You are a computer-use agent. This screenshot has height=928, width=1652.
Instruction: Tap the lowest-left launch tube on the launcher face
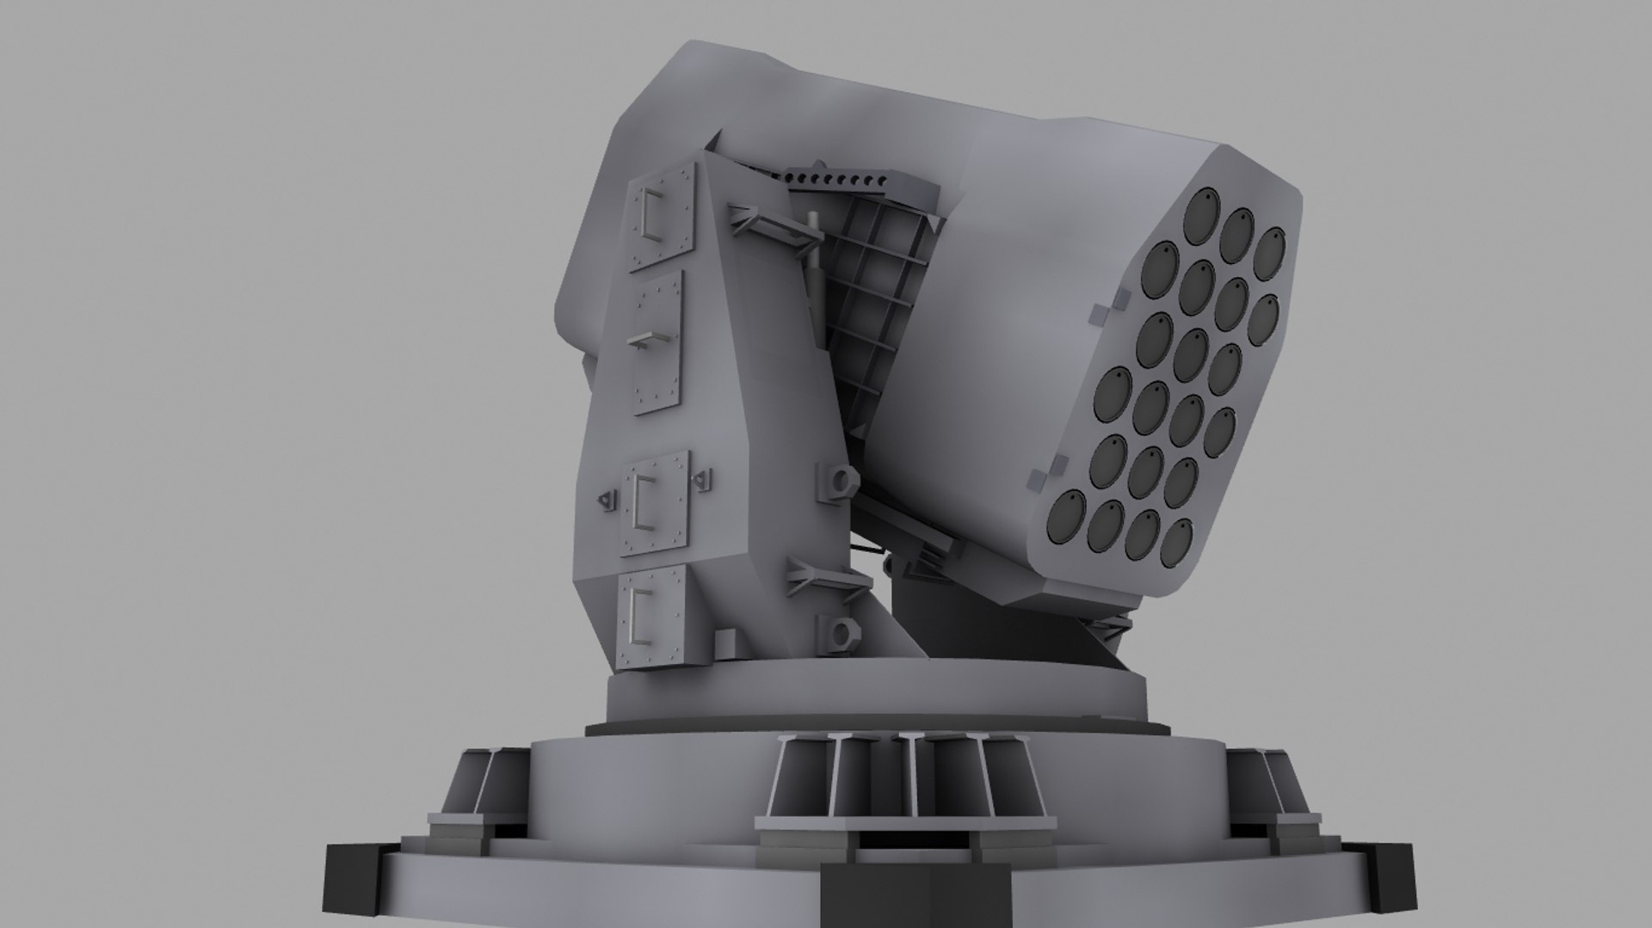pos(1068,517)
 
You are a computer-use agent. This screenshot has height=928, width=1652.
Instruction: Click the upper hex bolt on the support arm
pos(840,478)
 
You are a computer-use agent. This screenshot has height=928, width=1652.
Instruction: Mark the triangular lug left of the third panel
pos(607,499)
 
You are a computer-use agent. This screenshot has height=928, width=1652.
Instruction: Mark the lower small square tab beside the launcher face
pos(1037,477)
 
